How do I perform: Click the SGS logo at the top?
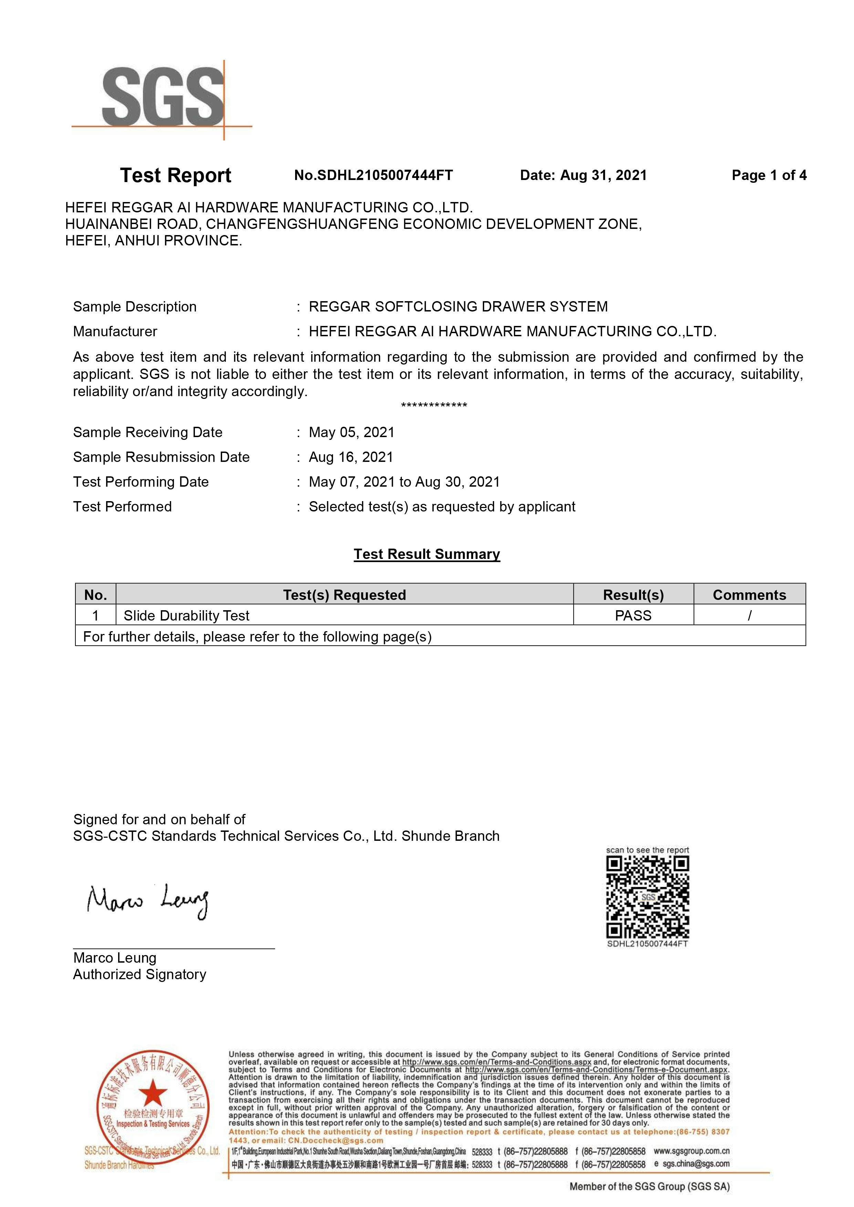[x=163, y=98]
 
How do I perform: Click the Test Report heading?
[x=176, y=176]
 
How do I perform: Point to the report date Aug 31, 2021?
[x=603, y=176]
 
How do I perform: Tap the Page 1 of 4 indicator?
[x=769, y=176]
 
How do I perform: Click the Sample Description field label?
[x=135, y=306]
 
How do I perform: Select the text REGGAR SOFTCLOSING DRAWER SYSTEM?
[x=458, y=306]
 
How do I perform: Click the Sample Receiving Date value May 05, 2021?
[x=351, y=432]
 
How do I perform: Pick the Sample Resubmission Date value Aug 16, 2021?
[x=351, y=457]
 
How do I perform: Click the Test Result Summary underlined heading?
[x=426, y=554]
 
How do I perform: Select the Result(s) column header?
[x=633, y=595]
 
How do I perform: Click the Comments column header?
[x=749, y=595]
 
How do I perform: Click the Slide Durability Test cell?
[x=187, y=616]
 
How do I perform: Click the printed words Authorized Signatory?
[x=139, y=974]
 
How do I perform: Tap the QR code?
[x=647, y=897]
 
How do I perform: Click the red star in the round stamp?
[x=153, y=1093]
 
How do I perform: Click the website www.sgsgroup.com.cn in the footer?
[x=691, y=1151]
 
